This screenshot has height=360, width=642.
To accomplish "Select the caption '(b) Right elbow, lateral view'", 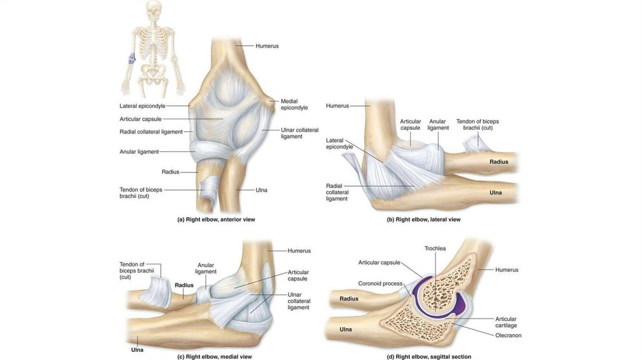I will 423,220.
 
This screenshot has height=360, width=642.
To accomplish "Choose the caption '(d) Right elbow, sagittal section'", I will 429,356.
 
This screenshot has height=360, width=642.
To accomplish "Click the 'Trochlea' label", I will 434,248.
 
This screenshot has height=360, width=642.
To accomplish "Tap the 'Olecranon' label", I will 508,336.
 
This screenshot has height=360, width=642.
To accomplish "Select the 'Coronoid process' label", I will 380,283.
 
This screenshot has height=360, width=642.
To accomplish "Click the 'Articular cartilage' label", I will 506,322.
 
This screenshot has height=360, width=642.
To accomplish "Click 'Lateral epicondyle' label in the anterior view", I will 142,106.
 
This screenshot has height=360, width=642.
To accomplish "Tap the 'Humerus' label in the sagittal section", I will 507,270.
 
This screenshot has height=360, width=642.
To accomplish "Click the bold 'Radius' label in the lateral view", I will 499,162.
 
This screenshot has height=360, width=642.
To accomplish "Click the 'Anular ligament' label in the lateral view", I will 438,124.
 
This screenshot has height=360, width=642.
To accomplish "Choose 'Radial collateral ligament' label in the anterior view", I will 151,132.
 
